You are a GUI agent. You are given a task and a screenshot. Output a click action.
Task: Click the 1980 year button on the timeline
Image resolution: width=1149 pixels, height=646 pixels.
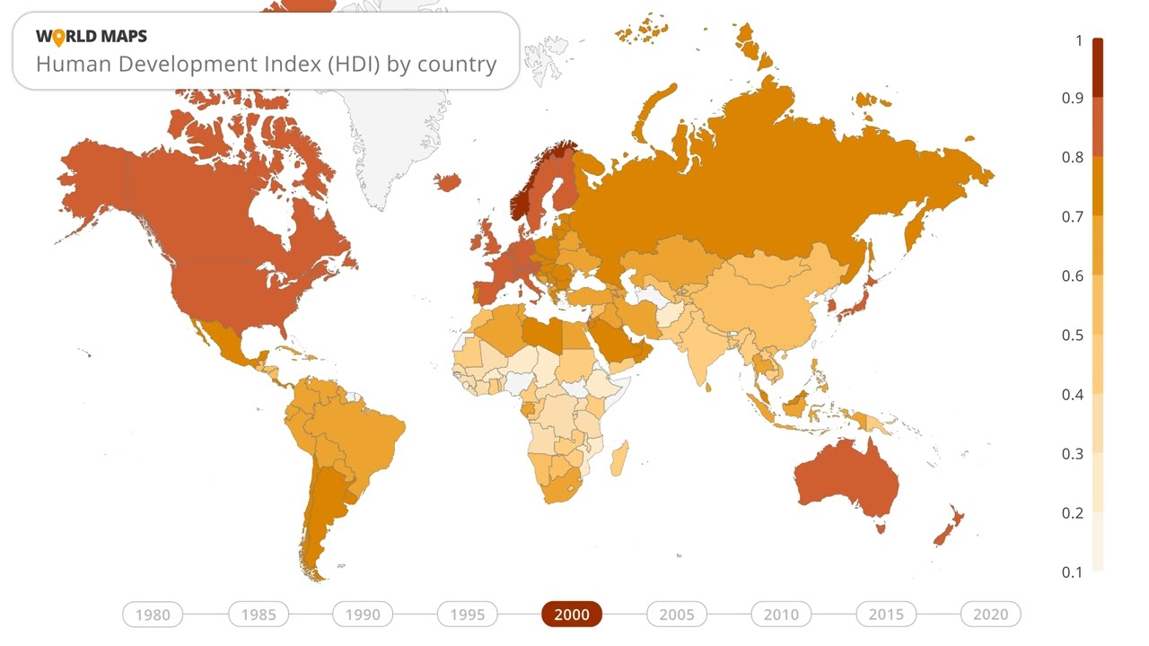tap(153, 615)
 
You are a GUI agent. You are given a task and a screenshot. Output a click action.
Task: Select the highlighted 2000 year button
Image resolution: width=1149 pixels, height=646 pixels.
tap(572, 615)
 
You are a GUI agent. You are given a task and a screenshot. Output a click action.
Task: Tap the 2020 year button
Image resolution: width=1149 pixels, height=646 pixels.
tap(990, 615)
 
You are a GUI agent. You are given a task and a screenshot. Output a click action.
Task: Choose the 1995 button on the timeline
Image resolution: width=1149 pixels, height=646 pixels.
tap(467, 615)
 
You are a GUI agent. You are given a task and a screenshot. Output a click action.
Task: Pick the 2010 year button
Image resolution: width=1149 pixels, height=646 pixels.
tap(781, 615)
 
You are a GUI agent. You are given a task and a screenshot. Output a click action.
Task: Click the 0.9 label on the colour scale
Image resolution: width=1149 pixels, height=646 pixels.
tap(1072, 98)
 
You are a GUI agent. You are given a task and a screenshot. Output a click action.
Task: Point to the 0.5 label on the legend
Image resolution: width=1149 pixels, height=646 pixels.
tap(1072, 335)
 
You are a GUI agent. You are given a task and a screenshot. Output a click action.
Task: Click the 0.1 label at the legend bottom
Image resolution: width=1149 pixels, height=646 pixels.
tap(1072, 572)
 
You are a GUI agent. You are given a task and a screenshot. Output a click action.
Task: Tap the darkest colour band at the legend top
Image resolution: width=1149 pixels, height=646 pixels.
tap(1097, 68)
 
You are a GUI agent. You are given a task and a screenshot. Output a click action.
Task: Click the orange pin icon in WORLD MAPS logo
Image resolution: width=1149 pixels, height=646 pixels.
tap(59, 37)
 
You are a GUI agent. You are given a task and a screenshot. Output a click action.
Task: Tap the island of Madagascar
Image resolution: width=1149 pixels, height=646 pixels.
tap(618, 458)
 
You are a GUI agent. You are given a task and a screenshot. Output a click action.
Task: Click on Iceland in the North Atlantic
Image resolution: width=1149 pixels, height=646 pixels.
tap(448, 182)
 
